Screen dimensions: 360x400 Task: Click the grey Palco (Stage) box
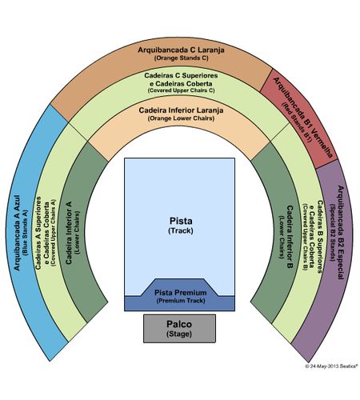[179, 329]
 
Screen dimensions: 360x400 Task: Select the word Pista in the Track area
[181, 221]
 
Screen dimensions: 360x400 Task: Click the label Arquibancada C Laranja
[181, 50]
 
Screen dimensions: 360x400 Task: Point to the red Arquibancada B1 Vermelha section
[298, 118]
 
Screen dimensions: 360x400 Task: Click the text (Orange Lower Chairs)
[181, 118]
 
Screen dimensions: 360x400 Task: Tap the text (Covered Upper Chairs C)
[181, 90]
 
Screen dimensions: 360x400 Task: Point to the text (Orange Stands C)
[181, 58]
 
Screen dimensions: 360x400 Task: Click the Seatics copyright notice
[331, 366]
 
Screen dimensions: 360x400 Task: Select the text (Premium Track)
[181, 301]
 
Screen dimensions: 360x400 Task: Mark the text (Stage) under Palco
[179, 334]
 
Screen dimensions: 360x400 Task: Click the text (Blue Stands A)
[26, 233]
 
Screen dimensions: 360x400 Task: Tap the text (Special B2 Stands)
[332, 233]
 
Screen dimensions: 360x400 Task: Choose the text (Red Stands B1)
[297, 122]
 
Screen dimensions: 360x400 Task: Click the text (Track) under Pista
[181, 230]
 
